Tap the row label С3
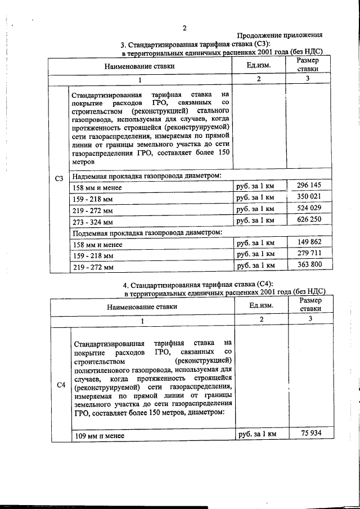59,179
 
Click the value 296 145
308,186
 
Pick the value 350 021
308,197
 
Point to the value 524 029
308,209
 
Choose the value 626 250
308,220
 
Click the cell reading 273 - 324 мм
93,222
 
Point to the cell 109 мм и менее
98,435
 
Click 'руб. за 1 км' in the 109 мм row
258,434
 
